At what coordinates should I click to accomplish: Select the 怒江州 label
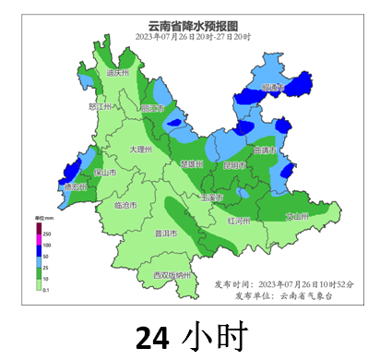point(99,107)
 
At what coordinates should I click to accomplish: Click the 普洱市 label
point(166,233)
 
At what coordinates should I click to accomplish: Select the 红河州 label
point(239,222)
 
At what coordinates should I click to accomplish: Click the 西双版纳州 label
point(172,275)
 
